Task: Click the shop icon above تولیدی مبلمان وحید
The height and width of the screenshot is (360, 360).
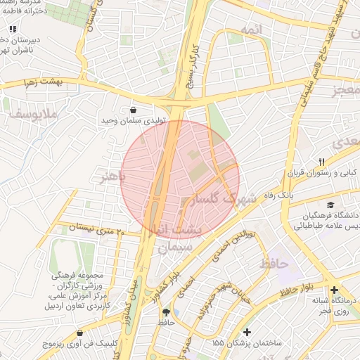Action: (134, 110)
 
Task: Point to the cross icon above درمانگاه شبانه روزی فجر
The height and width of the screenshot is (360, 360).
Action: (334, 289)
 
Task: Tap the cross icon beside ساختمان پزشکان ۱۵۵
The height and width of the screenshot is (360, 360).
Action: (247, 332)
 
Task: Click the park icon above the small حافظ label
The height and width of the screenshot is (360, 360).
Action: (166, 312)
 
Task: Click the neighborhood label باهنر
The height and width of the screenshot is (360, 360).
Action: (112, 177)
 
